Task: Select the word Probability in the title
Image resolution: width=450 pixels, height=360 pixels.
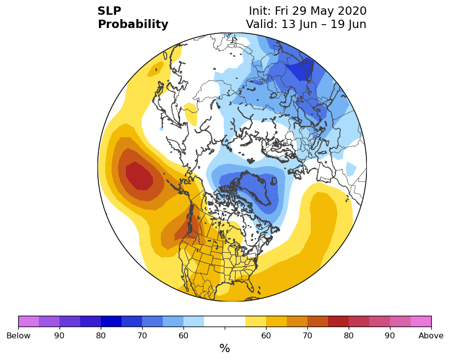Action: [133, 25]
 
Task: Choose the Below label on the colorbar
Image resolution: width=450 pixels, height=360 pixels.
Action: [18, 335]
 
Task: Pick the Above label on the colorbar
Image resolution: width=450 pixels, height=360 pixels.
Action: [431, 335]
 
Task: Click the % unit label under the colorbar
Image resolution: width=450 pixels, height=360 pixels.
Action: [225, 348]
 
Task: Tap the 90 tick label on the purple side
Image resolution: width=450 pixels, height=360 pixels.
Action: [60, 335]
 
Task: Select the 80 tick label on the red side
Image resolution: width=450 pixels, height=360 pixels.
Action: [349, 335]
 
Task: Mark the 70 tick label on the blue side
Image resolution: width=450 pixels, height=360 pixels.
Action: [142, 335]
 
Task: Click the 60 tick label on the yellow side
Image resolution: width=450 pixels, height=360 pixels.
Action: [266, 335]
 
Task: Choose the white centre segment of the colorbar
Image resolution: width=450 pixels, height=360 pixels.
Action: [225, 321]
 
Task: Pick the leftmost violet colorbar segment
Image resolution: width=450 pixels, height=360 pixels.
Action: [29, 321]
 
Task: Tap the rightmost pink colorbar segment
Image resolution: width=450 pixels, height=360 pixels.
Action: [421, 321]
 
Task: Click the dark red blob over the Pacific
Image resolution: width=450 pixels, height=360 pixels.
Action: [139, 176]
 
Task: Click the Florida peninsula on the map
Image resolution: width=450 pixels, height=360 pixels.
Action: [251, 286]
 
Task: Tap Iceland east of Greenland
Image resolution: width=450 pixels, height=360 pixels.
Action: [274, 181]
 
